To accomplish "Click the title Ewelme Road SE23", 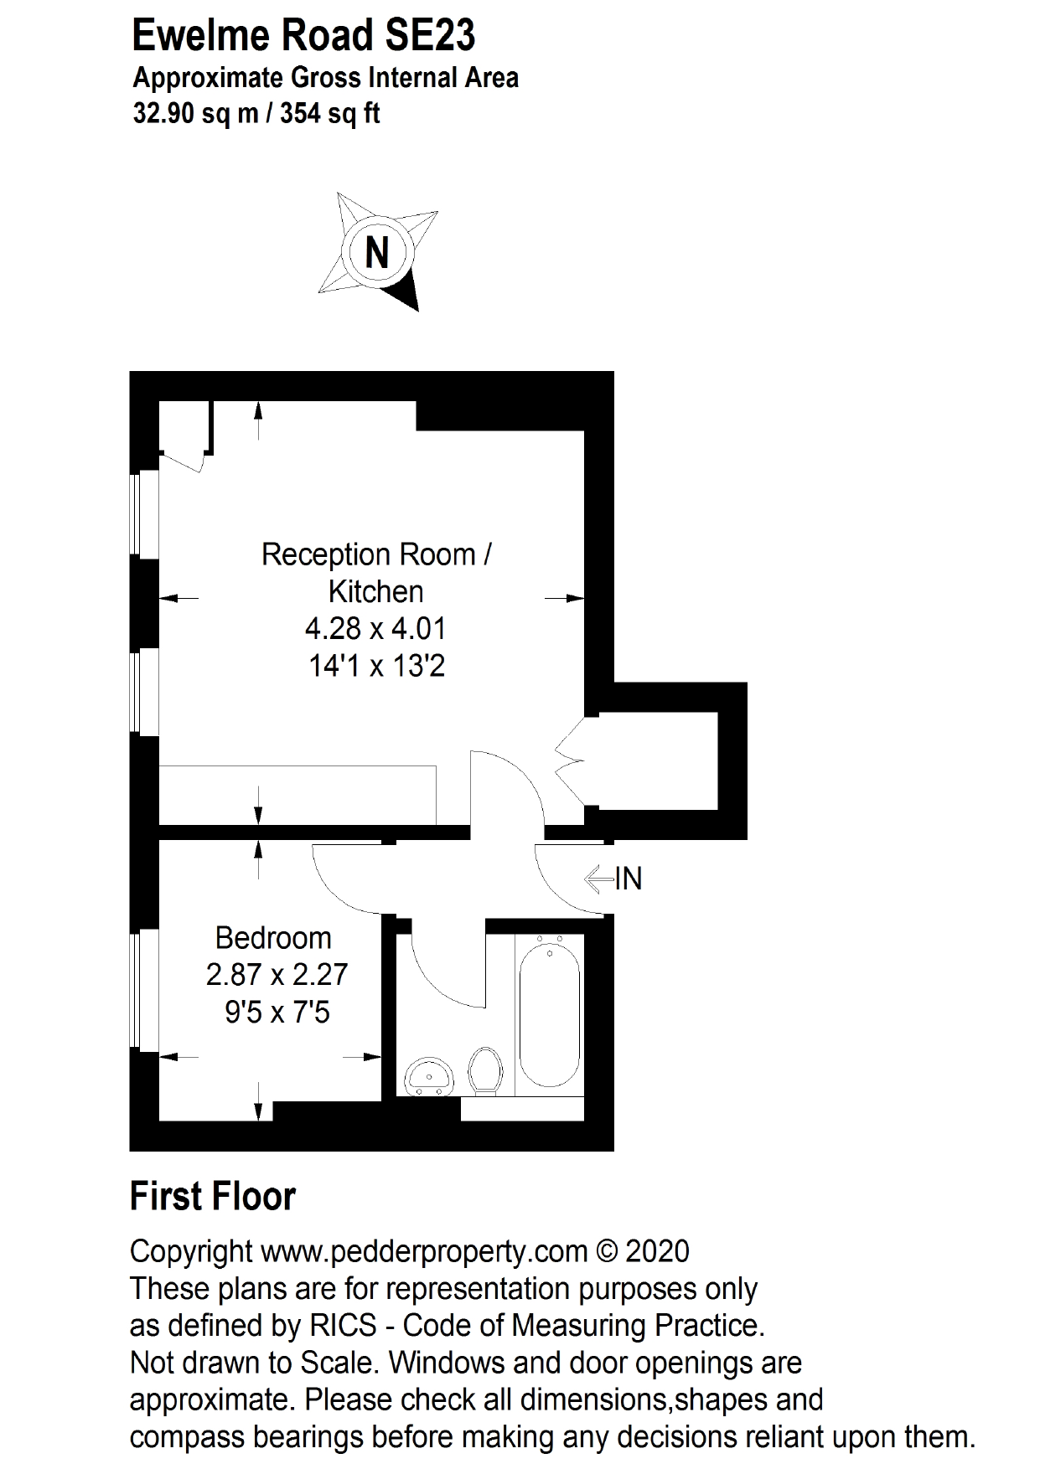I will click(x=304, y=36).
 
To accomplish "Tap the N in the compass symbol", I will click(x=377, y=251).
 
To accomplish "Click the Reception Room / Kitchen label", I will click(x=376, y=573).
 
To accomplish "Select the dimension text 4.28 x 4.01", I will click(x=376, y=628).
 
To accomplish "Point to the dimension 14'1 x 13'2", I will click(x=376, y=667).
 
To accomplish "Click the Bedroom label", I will click(x=273, y=938).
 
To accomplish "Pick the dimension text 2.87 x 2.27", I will click(x=277, y=975).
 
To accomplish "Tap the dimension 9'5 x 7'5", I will click(x=277, y=1013).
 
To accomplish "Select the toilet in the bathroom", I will click(x=485, y=1071).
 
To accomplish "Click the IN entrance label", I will click(x=629, y=879).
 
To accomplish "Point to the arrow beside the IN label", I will click(x=598, y=879).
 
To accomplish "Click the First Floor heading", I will click(x=213, y=1197).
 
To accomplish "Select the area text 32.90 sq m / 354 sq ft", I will click(x=256, y=113).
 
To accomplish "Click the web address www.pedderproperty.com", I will click(x=424, y=1252).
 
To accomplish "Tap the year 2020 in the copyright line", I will click(x=657, y=1252).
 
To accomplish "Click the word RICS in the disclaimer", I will click(x=352, y=1326).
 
